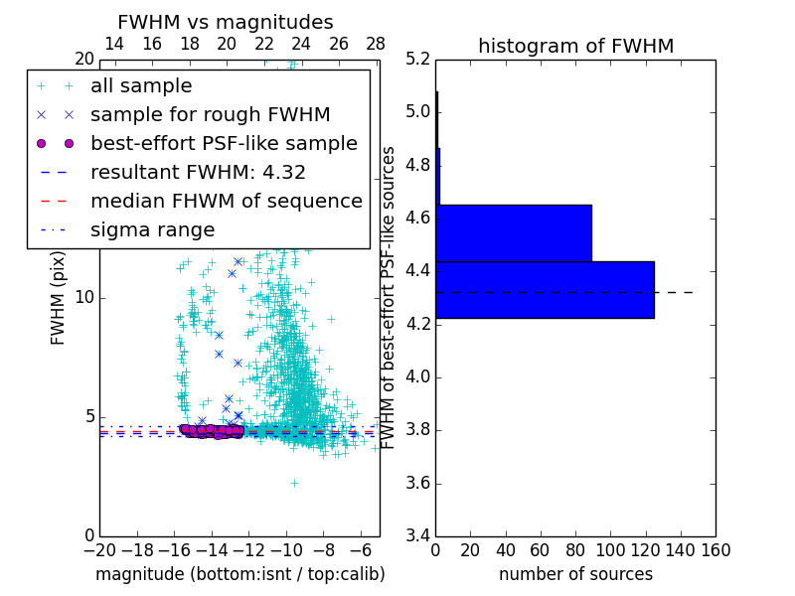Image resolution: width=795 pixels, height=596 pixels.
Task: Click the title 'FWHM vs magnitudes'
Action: (226, 22)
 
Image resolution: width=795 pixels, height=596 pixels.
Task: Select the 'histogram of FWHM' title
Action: (575, 46)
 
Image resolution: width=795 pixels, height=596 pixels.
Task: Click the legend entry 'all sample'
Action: (141, 86)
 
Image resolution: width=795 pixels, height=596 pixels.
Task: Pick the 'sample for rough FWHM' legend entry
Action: (210, 114)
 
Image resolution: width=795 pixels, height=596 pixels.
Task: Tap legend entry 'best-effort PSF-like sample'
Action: (224, 143)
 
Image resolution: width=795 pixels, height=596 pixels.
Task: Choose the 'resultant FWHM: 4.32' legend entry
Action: (198, 172)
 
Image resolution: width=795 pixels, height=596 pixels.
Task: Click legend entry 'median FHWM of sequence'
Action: (226, 201)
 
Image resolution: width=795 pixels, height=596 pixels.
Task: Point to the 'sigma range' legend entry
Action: (152, 230)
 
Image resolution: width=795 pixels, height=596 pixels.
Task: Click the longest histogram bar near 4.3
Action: (545, 290)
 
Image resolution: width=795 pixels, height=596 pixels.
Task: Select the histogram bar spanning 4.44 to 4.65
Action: (514, 233)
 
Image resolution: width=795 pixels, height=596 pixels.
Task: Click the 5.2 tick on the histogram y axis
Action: (418, 59)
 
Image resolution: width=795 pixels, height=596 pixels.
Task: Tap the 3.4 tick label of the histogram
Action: (418, 536)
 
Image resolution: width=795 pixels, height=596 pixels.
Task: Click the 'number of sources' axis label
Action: (575, 574)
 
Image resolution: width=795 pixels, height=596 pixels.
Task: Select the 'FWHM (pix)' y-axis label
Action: (59, 297)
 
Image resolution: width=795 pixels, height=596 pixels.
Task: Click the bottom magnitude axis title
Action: (239, 574)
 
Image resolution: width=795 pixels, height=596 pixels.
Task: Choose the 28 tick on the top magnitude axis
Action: (376, 44)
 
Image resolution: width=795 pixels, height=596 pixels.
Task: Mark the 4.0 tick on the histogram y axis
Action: (418, 377)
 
